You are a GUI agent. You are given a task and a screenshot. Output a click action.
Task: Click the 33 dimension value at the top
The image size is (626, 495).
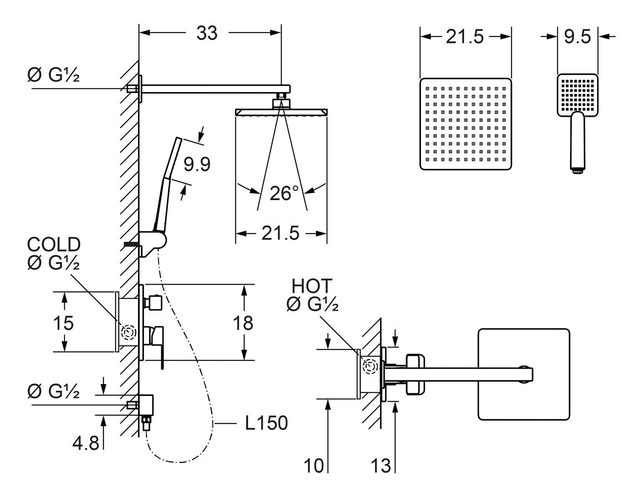(x=207, y=33)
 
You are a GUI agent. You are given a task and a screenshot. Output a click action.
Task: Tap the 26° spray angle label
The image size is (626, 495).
(x=284, y=193)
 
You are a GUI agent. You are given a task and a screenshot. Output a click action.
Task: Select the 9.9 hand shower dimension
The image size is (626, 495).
(x=197, y=165)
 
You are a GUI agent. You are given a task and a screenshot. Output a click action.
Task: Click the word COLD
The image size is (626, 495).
(x=54, y=245)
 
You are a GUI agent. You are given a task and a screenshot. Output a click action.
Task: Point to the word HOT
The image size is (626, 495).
(x=312, y=286)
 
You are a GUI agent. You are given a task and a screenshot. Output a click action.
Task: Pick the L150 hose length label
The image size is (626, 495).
(x=265, y=424)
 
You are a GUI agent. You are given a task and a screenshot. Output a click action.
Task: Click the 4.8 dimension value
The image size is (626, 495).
(x=86, y=443)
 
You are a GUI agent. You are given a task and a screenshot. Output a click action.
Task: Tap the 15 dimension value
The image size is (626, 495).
(x=63, y=323)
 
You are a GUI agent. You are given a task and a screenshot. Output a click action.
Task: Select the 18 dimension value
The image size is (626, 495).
(x=243, y=322)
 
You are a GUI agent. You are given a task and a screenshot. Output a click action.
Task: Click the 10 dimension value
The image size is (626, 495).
(x=313, y=465)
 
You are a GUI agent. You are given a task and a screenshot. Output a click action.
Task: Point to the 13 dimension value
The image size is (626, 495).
(x=380, y=465)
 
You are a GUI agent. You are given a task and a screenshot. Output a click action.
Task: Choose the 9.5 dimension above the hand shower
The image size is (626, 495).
(x=578, y=37)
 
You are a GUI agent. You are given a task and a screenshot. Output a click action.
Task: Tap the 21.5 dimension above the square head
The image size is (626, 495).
(x=464, y=37)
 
